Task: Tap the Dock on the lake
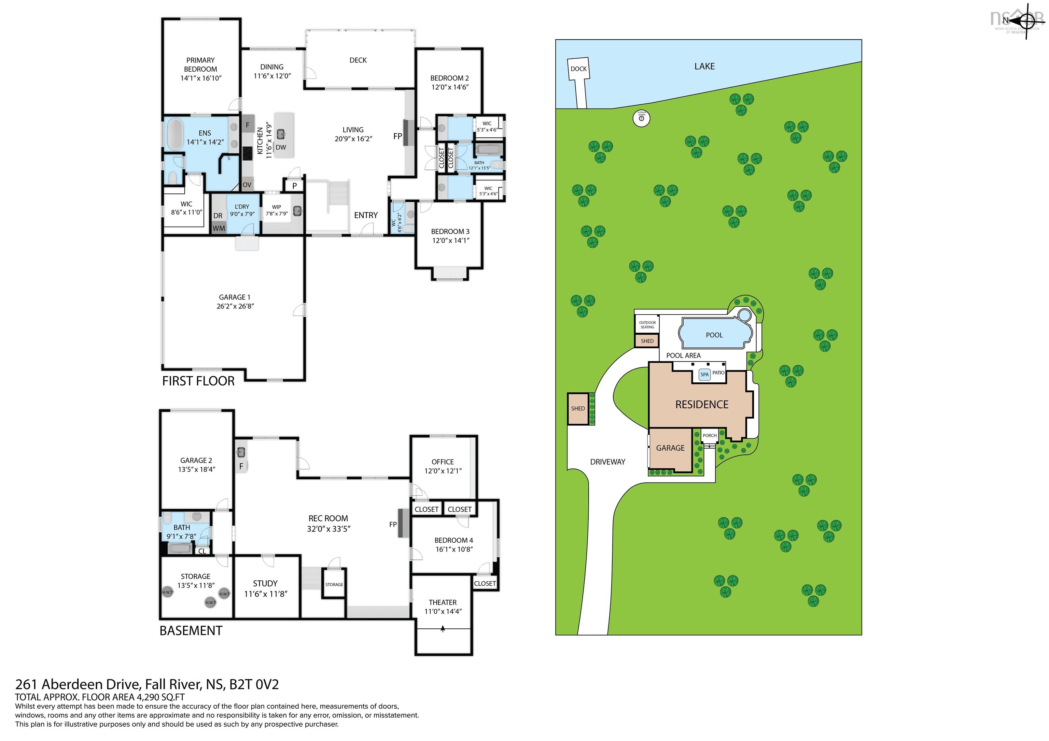[578, 69]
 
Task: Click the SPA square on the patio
[704, 374]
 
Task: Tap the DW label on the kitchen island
[281, 147]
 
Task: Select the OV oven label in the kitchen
[247, 185]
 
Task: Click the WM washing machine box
[219, 228]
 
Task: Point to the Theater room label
[442, 602]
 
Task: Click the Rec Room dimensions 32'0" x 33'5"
[328, 529]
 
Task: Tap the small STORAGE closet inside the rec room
[334, 584]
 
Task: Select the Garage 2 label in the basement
[196, 460]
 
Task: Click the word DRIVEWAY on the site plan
[607, 462]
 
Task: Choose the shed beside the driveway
[578, 409]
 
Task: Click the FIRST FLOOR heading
[198, 381]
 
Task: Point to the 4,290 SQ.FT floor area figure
[160, 697]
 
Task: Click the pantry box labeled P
[295, 185]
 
